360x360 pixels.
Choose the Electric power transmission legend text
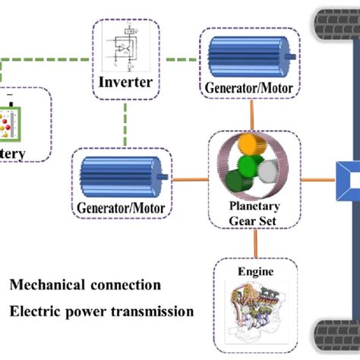(102, 311)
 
